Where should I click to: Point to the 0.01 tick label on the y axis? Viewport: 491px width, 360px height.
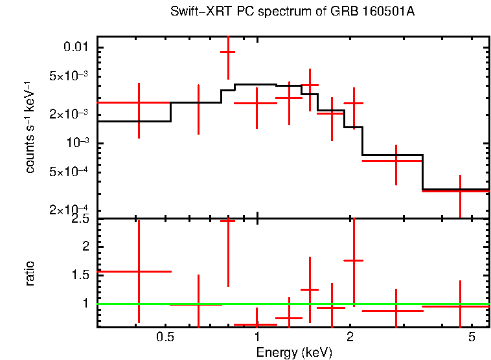pyautogui.click(x=76, y=48)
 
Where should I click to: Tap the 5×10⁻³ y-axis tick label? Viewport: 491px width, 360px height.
pyautogui.click(x=69, y=76)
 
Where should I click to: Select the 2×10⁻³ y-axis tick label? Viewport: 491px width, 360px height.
pyautogui.click(x=69, y=114)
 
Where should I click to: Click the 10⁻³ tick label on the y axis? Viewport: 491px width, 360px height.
pyautogui.click(x=75, y=142)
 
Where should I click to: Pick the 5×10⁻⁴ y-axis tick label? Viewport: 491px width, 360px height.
pyautogui.click(x=69, y=172)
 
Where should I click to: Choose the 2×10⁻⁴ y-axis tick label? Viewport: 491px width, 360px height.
pyautogui.click(x=69, y=209)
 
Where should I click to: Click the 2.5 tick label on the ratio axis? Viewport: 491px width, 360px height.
pyautogui.click(x=80, y=219)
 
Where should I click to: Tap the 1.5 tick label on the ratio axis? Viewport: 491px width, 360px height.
pyautogui.click(x=80, y=275)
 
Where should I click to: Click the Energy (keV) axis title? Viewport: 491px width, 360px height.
pyautogui.click(x=294, y=352)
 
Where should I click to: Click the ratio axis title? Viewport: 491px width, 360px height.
pyautogui.click(x=30, y=274)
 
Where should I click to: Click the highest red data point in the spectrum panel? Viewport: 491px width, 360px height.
pyautogui.click(x=227, y=51)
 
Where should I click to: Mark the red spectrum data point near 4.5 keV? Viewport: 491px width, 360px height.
pyautogui.click(x=460, y=191)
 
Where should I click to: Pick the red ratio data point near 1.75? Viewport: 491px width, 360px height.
pyautogui.click(x=354, y=260)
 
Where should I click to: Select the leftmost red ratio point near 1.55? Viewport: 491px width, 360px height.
pyautogui.click(x=139, y=272)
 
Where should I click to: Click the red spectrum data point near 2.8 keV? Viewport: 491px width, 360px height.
pyautogui.click(x=396, y=160)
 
